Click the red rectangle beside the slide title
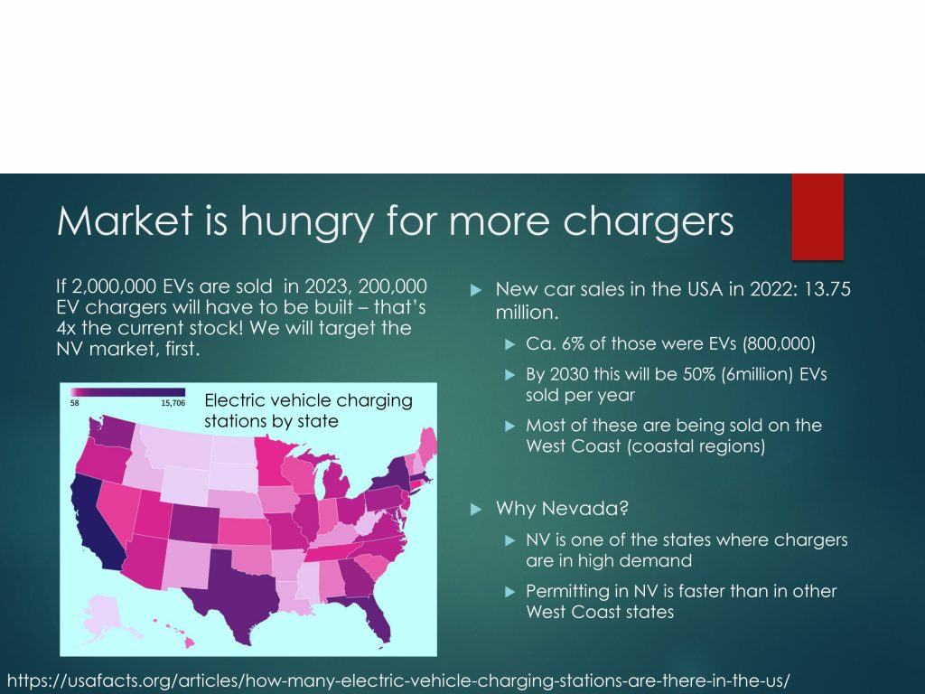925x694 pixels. point(818,217)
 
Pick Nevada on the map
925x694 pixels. point(118,508)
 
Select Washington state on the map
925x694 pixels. point(112,434)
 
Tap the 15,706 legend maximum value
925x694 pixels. point(173,403)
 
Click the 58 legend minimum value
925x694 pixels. point(74,403)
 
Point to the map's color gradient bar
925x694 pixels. point(127,392)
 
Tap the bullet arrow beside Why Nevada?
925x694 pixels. point(476,510)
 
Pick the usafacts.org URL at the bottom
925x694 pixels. point(398,680)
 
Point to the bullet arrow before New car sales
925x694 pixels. point(476,290)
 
